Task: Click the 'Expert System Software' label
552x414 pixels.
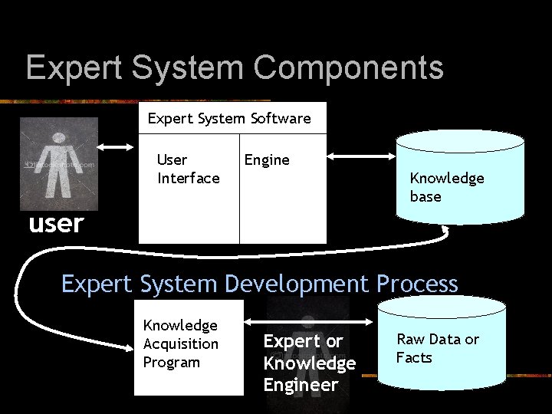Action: [229, 118]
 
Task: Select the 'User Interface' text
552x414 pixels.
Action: [188, 169]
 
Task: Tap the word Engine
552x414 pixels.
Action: [267, 159]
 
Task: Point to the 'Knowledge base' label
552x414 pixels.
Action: [447, 187]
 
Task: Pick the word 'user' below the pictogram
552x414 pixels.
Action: [55, 224]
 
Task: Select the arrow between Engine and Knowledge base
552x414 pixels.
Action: [360, 156]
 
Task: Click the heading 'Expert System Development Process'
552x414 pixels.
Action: [259, 284]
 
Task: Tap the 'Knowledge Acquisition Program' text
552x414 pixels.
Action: [181, 343]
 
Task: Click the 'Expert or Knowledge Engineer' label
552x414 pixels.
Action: [310, 363]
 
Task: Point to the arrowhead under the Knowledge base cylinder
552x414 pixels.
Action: [446, 232]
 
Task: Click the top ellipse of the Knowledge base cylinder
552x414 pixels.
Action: [460, 140]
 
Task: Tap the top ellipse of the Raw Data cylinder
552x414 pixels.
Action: [442, 307]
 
